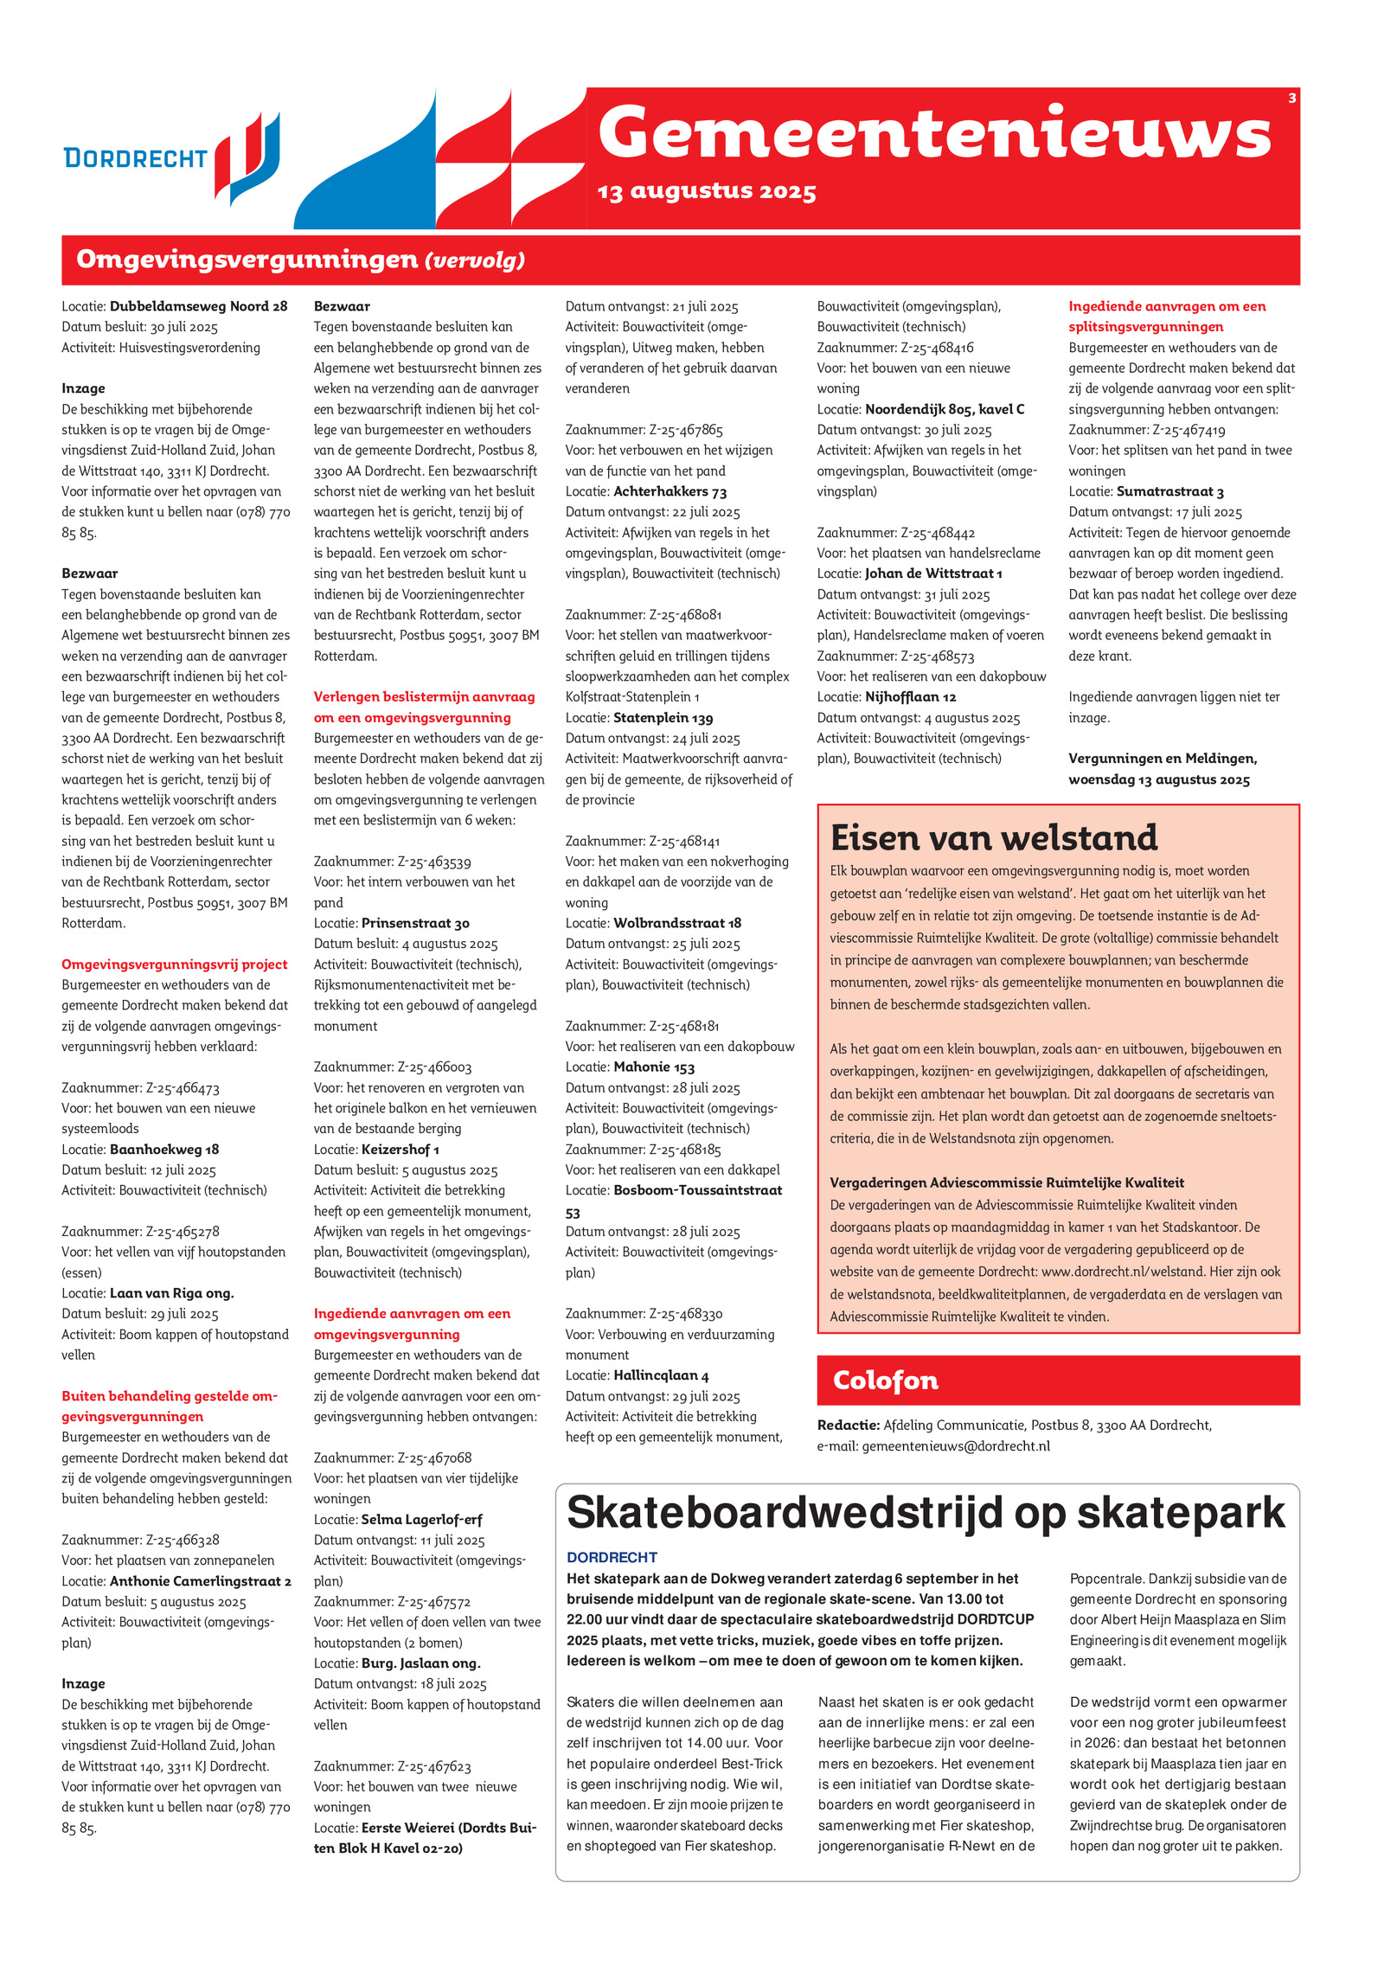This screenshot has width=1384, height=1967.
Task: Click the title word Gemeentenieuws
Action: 934,134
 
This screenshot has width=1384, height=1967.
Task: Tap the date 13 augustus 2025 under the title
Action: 706,191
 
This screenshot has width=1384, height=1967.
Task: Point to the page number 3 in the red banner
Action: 1291,99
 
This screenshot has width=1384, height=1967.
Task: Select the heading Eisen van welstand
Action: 993,837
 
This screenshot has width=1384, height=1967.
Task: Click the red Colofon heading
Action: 885,1380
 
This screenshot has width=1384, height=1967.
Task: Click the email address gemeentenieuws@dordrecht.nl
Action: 956,1445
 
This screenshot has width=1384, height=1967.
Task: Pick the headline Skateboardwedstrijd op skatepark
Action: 926,1511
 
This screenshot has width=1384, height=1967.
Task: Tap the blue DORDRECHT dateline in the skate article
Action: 612,1557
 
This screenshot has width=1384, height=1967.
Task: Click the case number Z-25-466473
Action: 183,1088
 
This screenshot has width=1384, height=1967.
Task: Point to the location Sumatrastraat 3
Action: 1169,492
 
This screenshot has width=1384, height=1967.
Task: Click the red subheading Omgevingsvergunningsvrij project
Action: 174,964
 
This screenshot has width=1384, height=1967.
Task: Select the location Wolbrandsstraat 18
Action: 677,923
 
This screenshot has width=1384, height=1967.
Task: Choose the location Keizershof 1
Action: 400,1150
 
